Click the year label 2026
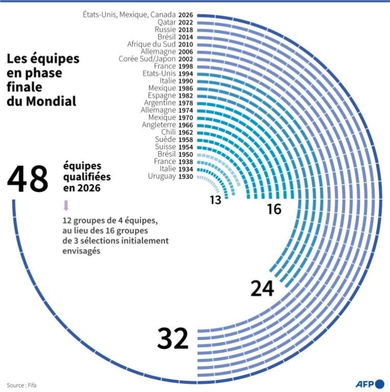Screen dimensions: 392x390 point(186,15)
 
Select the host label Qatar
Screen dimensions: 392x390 point(167,22)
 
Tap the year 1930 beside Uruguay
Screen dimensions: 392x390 point(186,177)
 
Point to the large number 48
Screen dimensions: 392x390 point(27,179)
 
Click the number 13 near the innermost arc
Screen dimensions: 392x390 point(216,200)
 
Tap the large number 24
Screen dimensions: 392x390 point(262,289)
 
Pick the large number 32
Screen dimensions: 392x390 point(173,338)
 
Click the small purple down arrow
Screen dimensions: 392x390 point(66,206)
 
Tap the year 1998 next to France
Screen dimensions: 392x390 point(186,67)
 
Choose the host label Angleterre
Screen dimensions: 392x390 point(159,125)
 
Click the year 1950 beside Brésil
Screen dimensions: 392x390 point(186,155)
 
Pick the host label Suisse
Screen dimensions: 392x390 point(165,147)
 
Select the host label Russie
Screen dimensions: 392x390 point(165,30)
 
